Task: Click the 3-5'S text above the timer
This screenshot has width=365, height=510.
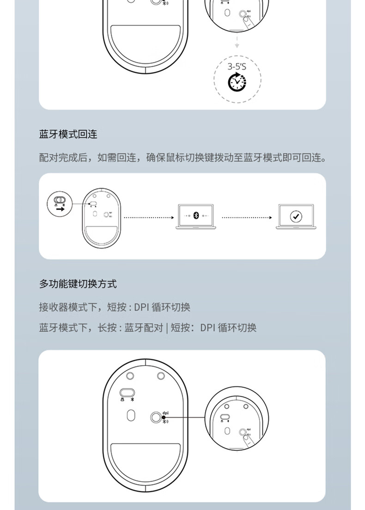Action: (237, 66)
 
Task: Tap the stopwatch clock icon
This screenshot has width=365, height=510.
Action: (237, 81)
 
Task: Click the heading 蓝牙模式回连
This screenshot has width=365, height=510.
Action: (68, 134)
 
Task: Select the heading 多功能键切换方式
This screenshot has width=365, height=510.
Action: (78, 284)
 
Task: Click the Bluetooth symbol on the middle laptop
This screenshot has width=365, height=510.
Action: (195, 216)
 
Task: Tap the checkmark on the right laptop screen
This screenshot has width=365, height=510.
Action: (295, 216)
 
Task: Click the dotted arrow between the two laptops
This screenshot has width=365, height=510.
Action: (246, 217)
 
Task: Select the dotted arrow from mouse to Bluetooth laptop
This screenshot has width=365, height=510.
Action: (148, 217)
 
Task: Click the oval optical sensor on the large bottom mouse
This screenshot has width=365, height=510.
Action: (130, 415)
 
